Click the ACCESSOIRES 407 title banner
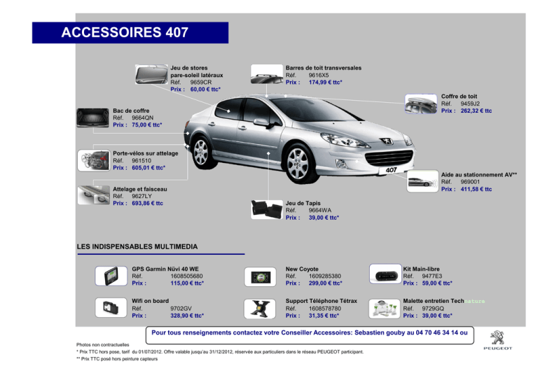point(130,33)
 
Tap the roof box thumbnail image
point(420,104)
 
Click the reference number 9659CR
point(201,83)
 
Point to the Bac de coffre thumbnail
point(93,118)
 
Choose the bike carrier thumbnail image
point(93,160)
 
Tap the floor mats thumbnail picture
point(267,209)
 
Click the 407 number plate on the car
point(391,170)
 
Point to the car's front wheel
point(298,164)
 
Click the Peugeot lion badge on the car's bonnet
point(387,141)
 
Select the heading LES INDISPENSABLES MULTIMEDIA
point(137,247)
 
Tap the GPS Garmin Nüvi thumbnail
point(111,276)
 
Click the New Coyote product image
point(260,277)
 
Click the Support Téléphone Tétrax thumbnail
point(260,309)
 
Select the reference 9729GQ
point(433,309)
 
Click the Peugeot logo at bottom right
point(497,340)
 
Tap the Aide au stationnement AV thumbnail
point(422,181)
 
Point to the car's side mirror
point(262,122)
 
